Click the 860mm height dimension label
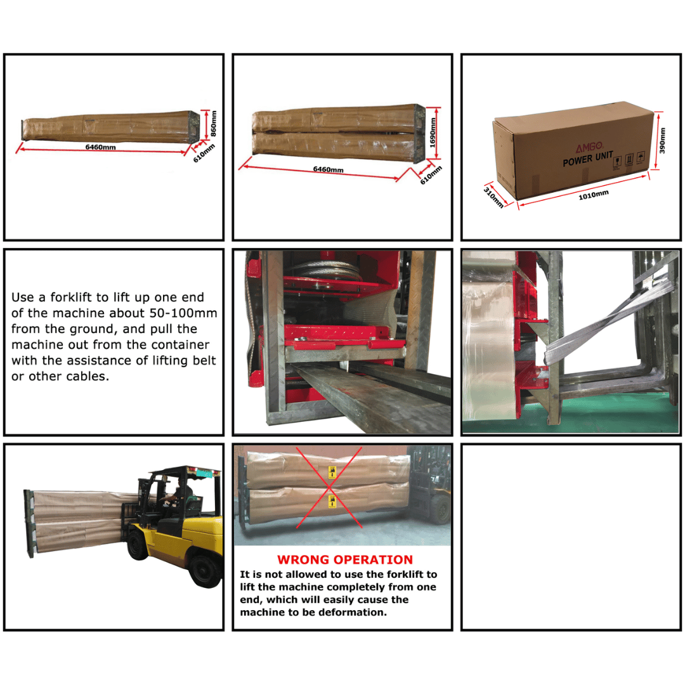[x=214, y=123]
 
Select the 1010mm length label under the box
[x=593, y=194]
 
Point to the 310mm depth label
[x=494, y=197]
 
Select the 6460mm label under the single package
[x=101, y=147]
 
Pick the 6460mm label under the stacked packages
[x=328, y=169]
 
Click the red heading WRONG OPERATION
[x=344, y=560]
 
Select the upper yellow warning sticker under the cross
[x=330, y=473]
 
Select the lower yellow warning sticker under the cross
[x=330, y=502]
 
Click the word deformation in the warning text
[x=356, y=613]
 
